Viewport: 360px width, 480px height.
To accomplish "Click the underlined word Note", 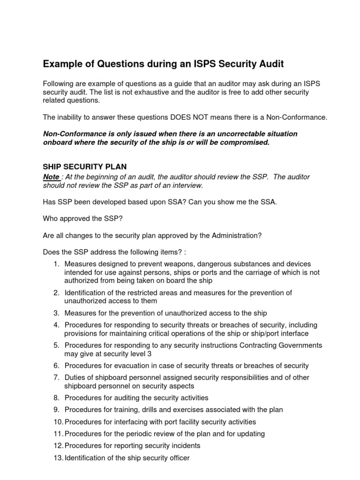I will point(51,176).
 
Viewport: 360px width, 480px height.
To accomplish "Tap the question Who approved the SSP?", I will point(74,218).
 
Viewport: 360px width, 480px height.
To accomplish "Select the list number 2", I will point(56,292).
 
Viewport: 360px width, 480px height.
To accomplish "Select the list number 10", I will point(57,422).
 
